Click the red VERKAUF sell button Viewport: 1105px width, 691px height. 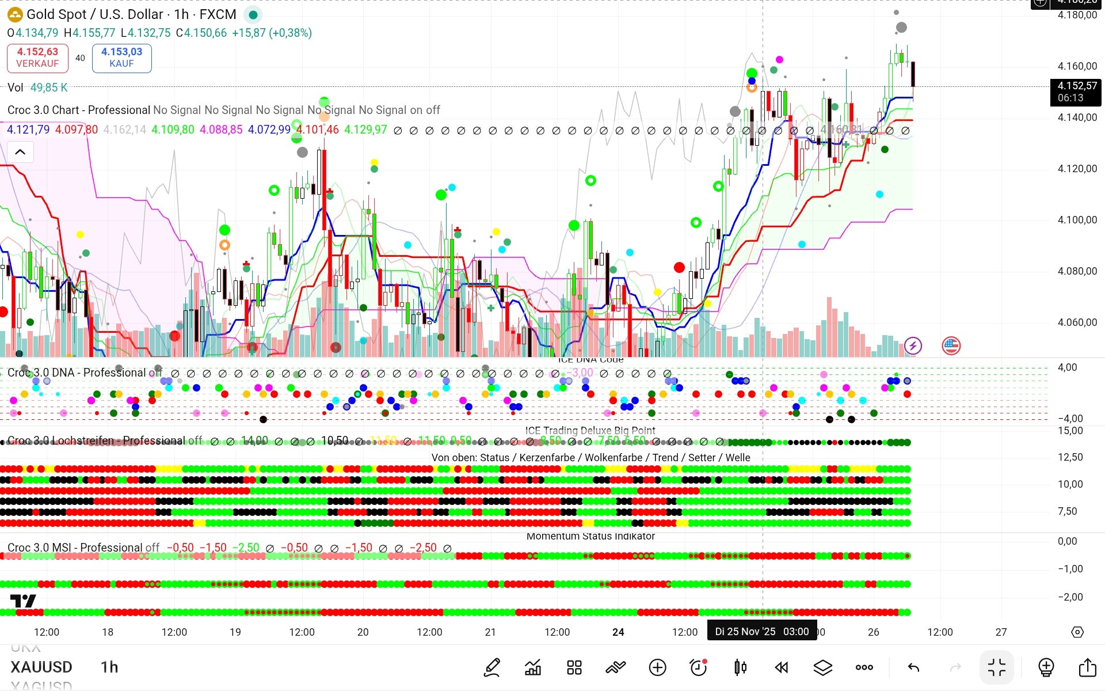point(37,58)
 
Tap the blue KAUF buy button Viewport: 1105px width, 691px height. point(121,58)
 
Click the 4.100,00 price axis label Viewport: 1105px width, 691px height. point(1077,220)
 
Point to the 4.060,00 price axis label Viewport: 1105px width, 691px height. point(1077,322)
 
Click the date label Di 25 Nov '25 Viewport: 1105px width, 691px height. point(745,632)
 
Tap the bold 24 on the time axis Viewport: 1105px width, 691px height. point(618,632)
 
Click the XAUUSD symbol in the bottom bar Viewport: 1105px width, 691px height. point(41,667)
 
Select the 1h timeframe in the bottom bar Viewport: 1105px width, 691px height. point(109,667)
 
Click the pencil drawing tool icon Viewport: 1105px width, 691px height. point(492,667)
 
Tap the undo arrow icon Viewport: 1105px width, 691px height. point(913,667)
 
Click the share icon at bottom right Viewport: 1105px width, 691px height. point(1087,667)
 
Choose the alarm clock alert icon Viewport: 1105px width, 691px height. point(698,667)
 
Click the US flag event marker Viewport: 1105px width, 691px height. point(951,345)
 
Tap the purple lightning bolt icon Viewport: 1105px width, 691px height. point(913,345)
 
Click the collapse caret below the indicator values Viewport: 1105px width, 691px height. point(20,152)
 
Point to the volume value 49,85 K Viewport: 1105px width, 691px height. point(49,88)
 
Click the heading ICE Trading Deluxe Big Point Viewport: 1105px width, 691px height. point(590,431)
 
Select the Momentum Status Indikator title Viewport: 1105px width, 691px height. point(590,536)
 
